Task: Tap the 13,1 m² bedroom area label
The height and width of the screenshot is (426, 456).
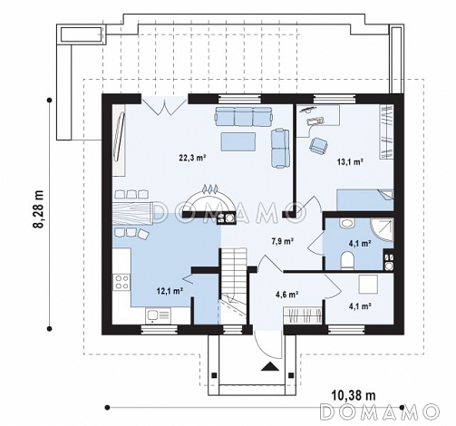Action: (350, 161)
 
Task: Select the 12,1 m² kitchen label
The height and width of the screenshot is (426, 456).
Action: (170, 291)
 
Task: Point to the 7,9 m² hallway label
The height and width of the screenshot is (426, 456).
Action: (283, 241)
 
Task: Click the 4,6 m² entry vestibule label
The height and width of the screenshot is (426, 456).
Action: (287, 294)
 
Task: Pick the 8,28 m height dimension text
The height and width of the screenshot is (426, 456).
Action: (39, 209)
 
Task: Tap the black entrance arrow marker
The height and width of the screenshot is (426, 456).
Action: (270, 366)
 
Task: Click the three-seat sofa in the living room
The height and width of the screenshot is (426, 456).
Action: (244, 116)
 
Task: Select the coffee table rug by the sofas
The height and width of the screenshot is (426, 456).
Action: (238, 141)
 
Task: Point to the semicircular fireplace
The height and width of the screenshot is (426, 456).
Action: (209, 200)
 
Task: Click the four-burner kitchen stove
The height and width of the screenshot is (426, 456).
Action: (121, 282)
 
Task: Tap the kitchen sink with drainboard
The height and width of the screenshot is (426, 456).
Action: (158, 315)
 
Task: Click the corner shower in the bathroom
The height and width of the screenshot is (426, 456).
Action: (382, 230)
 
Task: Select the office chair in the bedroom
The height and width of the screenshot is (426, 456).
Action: (318, 145)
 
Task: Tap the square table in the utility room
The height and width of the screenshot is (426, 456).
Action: (368, 284)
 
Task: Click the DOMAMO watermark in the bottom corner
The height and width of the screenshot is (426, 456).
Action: (380, 411)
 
